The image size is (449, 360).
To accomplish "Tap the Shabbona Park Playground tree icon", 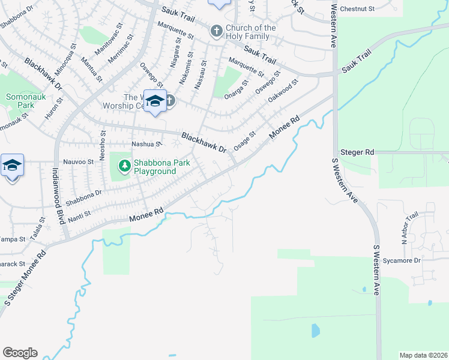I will (x=124, y=164).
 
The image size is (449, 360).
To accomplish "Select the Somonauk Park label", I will (x=20, y=100).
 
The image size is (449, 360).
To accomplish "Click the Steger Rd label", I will (x=357, y=152).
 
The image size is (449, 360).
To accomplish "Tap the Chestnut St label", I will (x=357, y=9).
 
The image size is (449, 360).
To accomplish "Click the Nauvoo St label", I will (x=79, y=162).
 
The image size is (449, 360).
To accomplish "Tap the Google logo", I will (x=20, y=353).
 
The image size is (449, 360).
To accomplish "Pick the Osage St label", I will (x=244, y=142).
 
